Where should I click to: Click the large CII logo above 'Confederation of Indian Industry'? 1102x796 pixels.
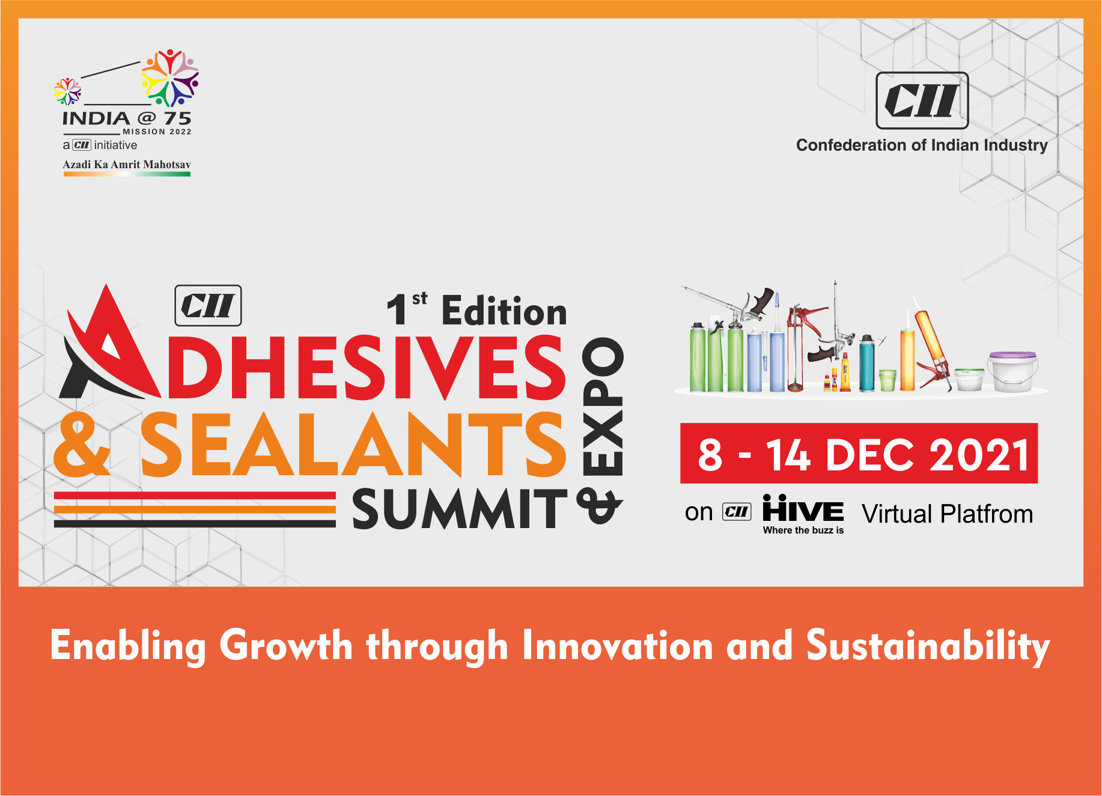click(922, 100)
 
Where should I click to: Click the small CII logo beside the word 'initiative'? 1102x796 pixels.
click(81, 145)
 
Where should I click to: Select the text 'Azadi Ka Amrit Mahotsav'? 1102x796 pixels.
click(127, 165)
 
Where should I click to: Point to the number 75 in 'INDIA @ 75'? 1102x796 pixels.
click(178, 118)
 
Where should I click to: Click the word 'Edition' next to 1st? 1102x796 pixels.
click(504, 311)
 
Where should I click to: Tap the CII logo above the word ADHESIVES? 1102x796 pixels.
click(208, 305)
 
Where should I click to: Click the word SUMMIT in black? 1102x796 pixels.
click(460, 509)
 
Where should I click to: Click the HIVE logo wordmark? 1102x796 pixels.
click(803, 509)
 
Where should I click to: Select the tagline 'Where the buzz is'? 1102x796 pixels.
click(803, 530)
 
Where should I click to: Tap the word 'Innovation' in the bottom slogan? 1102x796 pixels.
click(618, 646)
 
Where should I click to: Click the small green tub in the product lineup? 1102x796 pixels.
click(887, 380)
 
